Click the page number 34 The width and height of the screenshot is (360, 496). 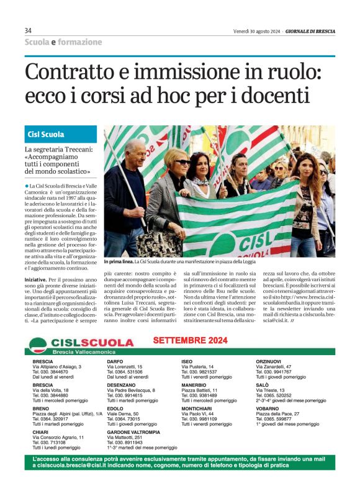pos(29,30)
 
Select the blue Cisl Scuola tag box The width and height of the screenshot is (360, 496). pos(61,135)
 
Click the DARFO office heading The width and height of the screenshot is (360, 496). pos(115,361)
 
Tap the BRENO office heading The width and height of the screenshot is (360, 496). pos(41,408)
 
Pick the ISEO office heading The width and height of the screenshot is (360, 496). pos(187,361)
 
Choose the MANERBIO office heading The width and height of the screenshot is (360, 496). pos(194,385)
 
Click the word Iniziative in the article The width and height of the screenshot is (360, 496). pos(38,279)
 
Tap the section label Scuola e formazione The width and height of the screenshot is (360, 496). pos(63,42)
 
